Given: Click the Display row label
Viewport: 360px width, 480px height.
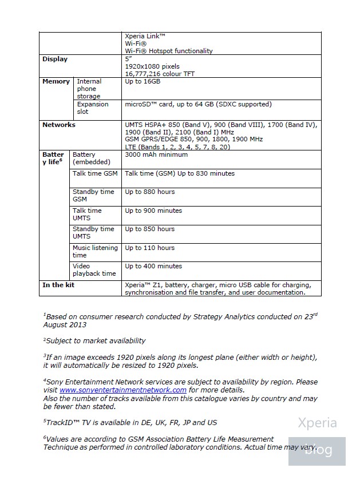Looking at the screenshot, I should [x=55, y=59].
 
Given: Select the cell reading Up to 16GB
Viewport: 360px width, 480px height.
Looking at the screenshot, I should [x=143, y=81].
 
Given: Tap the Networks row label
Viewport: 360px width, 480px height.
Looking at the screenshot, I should [x=59, y=124].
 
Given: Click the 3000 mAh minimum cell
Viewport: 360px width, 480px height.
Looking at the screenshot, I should [x=156, y=154].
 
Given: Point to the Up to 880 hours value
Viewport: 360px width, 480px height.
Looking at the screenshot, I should [x=150, y=192].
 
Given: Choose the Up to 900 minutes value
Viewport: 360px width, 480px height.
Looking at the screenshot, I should [x=153, y=211].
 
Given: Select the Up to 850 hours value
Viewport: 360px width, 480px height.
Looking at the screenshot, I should [x=150, y=229].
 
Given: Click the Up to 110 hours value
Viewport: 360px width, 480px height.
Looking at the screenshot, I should [x=150, y=248].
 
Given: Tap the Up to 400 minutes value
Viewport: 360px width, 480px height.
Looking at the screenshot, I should [x=153, y=266].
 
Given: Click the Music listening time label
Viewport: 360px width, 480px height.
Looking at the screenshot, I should [x=95, y=251].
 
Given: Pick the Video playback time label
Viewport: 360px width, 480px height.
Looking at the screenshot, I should [x=94, y=269].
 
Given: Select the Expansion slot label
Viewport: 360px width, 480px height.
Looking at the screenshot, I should [x=92, y=108].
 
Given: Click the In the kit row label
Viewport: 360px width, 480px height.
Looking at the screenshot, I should [x=58, y=285].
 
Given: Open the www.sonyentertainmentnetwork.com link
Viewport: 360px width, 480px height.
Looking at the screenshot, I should [x=123, y=390].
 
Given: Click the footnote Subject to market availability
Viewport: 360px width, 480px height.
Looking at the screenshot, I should [x=94, y=340].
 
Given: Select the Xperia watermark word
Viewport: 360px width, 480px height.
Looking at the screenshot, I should [x=317, y=423].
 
